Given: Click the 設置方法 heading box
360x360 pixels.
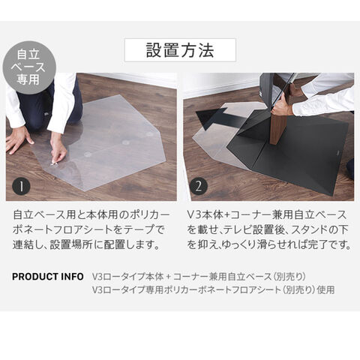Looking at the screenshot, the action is (180, 50).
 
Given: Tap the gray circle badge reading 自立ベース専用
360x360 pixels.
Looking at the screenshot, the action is (28, 67).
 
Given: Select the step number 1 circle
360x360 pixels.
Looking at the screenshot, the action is (22, 187).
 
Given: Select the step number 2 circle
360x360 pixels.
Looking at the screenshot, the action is (199, 186).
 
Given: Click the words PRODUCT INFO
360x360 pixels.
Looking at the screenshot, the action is (48, 277).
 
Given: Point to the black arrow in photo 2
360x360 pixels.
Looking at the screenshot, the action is (215, 118).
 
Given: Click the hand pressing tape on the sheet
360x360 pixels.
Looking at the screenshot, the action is (58, 152).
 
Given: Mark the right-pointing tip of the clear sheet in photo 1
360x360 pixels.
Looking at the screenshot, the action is (166, 160).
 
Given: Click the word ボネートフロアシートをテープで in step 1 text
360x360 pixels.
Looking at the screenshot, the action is (89, 230).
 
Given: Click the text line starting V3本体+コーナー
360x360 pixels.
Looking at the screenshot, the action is (267, 215).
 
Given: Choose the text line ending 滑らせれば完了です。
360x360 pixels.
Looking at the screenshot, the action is (269, 244).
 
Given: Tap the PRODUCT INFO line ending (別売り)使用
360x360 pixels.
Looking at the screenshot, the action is (213, 290).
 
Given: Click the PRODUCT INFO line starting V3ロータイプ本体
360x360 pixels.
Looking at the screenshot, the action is (199, 277).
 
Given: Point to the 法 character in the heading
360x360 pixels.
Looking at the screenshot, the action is (206, 50).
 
